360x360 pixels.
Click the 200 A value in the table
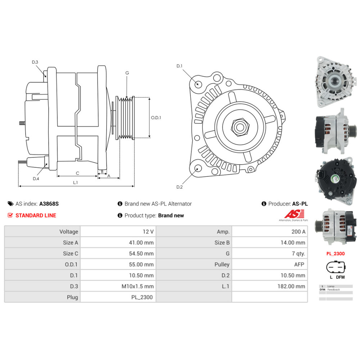[x=298, y=231]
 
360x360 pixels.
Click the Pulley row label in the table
[x=222, y=264]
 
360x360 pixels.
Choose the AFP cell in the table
[x=299, y=264]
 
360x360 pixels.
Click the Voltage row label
[x=68, y=231]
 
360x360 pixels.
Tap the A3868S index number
[x=49, y=204]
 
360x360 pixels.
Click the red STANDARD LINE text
[x=35, y=215]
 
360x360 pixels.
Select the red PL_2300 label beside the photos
[x=335, y=253]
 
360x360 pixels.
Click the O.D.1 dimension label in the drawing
[x=156, y=117]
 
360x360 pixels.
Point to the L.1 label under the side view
[x=76, y=183]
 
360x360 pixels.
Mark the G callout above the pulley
[x=127, y=73]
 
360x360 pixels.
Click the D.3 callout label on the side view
[x=35, y=62]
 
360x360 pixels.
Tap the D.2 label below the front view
[x=180, y=187]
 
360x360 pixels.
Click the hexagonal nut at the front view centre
[x=239, y=127]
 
